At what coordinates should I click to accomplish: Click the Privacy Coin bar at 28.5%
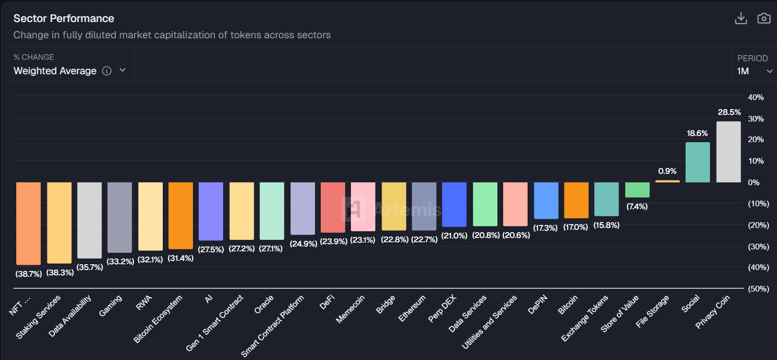click(x=728, y=152)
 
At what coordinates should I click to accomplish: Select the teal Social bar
click(x=698, y=162)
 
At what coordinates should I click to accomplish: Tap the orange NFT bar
click(x=28, y=223)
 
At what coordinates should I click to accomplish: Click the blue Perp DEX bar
click(x=454, y=204)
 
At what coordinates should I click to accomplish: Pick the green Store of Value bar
click(x=637, y=190)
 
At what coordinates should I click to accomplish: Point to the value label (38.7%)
click(x=29, y=274)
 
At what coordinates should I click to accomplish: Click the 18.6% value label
click(x=697, y=133)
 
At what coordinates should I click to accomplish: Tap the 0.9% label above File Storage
click(x=667, y=171)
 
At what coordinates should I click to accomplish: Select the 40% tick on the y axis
click(x=756, y=97)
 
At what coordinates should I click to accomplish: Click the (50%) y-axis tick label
click(x=758, y=289)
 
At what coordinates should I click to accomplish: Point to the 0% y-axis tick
click(x=754, y=182)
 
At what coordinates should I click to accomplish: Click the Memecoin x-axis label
click(x=350, y=309)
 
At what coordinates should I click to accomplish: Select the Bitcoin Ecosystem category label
click(x=158, y=319)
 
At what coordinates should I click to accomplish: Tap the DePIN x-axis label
click(x=537, y=304)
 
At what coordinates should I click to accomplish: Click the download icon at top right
click(x=741, y=18)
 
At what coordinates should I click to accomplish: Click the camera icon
click(x=764, y=18)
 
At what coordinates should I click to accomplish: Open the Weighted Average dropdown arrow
click(x=123, y=70)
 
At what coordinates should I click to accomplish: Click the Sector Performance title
click(x=64, y=18)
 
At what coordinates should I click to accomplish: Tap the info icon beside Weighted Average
click(x=107, y=71)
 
